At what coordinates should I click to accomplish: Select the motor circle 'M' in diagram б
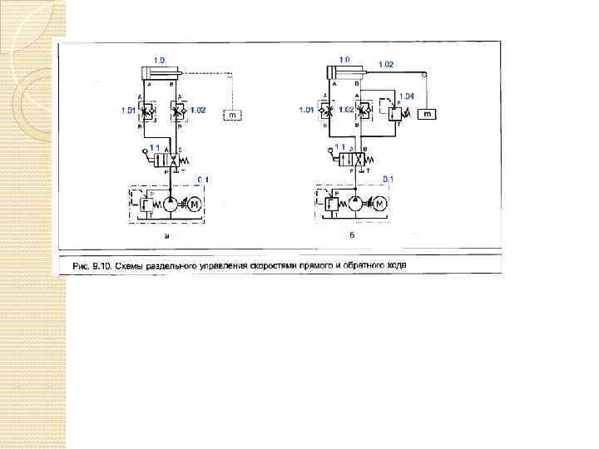pyautogui.click(x=380, y=204)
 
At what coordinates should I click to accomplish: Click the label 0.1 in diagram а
pyautogui.click(x=205, y=179)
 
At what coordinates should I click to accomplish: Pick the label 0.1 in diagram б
pyautogui.click(x=388, y=179)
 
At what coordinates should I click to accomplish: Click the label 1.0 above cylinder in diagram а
pyautogui.click(x=160, y=60)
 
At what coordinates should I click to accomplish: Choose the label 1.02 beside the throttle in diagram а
pyautogui.click(x=198, y=109)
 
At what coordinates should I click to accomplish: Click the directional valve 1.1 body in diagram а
pyautogui.click(x=171, y=159)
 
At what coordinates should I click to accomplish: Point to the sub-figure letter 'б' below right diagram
pyautogui.click(x=353, y=236)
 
